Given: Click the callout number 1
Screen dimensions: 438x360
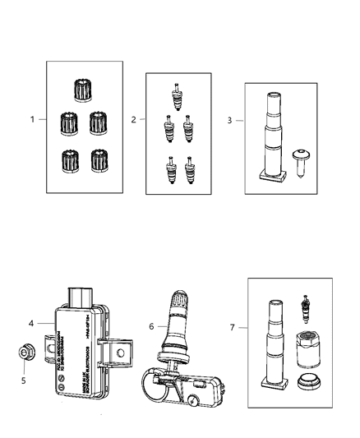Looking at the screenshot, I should (33, 120).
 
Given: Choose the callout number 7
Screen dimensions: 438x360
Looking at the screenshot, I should (233, 326).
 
